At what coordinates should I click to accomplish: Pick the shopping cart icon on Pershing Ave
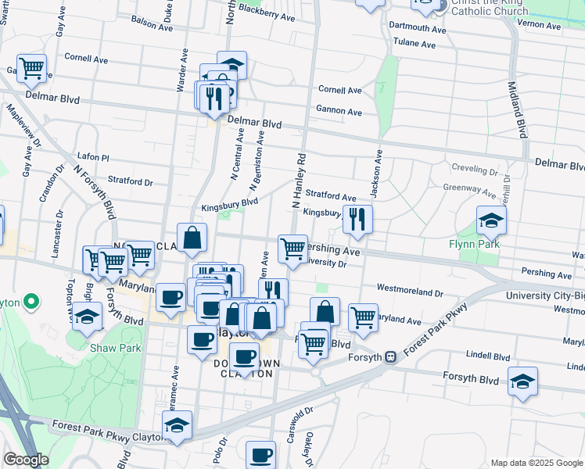292,250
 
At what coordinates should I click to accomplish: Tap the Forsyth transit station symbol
389,357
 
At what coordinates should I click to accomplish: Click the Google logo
26,460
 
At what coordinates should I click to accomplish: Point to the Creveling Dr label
476,169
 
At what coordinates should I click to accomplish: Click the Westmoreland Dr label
410,289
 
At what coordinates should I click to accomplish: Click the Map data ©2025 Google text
537,462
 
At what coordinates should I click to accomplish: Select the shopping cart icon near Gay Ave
31,68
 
